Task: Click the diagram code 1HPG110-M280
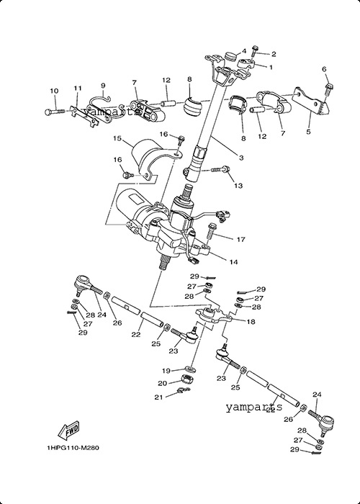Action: point(73,448)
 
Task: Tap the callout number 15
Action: point(117,138)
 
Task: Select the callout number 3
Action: point(241,158)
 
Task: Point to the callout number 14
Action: point(234,262)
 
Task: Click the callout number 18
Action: point(251,321)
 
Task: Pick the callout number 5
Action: point(308,132)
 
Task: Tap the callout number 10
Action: point(54,91)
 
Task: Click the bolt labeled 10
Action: point(55,112)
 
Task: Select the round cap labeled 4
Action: point(229,58)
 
